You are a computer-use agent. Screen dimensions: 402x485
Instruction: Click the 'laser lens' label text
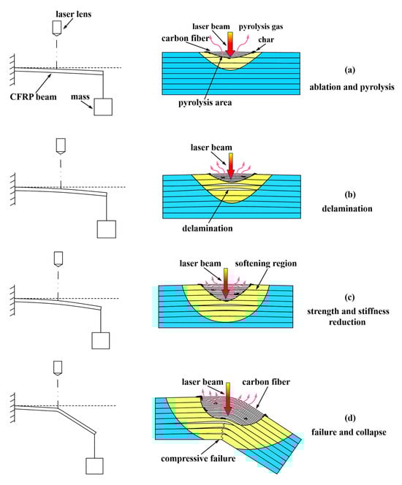click(x=73, y=14)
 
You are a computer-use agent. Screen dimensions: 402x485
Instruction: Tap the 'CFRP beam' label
click(x=33, y=97)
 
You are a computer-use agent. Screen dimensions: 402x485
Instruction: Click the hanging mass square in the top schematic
click(x=103, y=107)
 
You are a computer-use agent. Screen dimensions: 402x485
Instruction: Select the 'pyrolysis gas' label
click(x=261, y=26)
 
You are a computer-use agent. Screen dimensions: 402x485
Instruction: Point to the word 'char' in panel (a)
click(x=266, y=39)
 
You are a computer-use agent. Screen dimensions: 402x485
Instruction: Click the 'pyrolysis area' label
click(x=205, y=102)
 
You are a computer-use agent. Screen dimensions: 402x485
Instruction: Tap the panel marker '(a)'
click(x=349, y=70)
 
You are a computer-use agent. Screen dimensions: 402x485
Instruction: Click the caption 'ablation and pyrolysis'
click(x=352, y=87)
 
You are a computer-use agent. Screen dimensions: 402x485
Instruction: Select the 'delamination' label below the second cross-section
click(x=207, y=229)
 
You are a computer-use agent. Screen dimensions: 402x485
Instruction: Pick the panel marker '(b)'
click(x=349, y=194)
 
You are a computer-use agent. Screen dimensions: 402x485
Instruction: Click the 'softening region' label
click(x=265, y=264)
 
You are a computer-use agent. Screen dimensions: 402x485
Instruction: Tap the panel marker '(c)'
click(x=349, y=297)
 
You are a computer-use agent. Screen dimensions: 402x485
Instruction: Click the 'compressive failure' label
click(x=198, y=458)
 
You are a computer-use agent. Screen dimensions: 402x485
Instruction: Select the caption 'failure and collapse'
click(x=349, y=432)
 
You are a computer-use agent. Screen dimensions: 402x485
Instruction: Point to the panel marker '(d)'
click(x=349, y=419)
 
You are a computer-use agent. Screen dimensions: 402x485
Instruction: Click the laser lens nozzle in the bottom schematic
click(x=58, y=368)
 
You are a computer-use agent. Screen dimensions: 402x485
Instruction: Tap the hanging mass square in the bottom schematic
click(x=94, y=466)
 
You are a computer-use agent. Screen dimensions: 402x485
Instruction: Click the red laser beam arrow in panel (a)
click(x=230, y=45)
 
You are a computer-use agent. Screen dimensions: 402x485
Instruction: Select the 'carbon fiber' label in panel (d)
click(x=266, y=382)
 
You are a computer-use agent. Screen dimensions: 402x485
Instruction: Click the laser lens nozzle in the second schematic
click(x=61, y=146)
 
